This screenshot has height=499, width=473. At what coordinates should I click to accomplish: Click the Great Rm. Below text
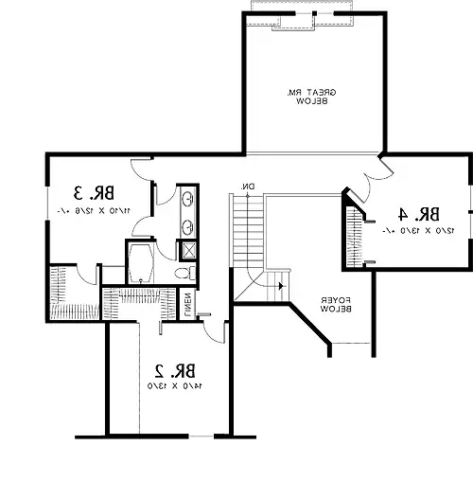312,96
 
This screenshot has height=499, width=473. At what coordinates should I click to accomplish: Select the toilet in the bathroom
186,272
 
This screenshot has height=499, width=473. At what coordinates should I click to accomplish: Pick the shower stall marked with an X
188,251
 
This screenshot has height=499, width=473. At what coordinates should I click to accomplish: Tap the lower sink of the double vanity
187,227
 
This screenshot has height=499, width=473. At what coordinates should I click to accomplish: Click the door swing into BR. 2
216,330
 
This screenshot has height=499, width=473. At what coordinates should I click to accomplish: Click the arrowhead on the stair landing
280,283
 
